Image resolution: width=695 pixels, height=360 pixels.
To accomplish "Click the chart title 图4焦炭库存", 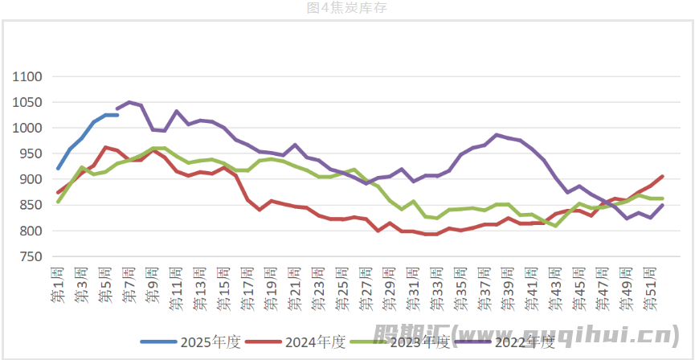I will point(347,8).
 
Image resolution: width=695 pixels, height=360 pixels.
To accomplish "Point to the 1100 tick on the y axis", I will point(27,77).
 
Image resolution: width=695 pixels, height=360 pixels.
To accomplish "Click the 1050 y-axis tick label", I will point(27,103).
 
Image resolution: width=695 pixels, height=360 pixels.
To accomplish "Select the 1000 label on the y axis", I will point(27,129).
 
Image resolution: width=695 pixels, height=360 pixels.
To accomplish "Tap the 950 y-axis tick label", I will point(31,154).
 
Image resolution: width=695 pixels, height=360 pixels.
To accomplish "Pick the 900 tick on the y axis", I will point(31,180).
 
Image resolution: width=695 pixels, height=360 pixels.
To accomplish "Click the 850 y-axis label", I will point(31,206).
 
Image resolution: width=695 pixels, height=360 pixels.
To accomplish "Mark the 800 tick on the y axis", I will point(31,231).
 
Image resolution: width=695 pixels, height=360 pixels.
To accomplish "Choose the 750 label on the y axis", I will point(31,257).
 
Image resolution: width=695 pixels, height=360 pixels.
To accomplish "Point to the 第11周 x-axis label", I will point(176,289).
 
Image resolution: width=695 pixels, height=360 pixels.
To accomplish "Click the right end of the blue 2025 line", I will point(118,115).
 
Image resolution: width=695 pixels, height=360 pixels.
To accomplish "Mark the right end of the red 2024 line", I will point(662,176).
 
